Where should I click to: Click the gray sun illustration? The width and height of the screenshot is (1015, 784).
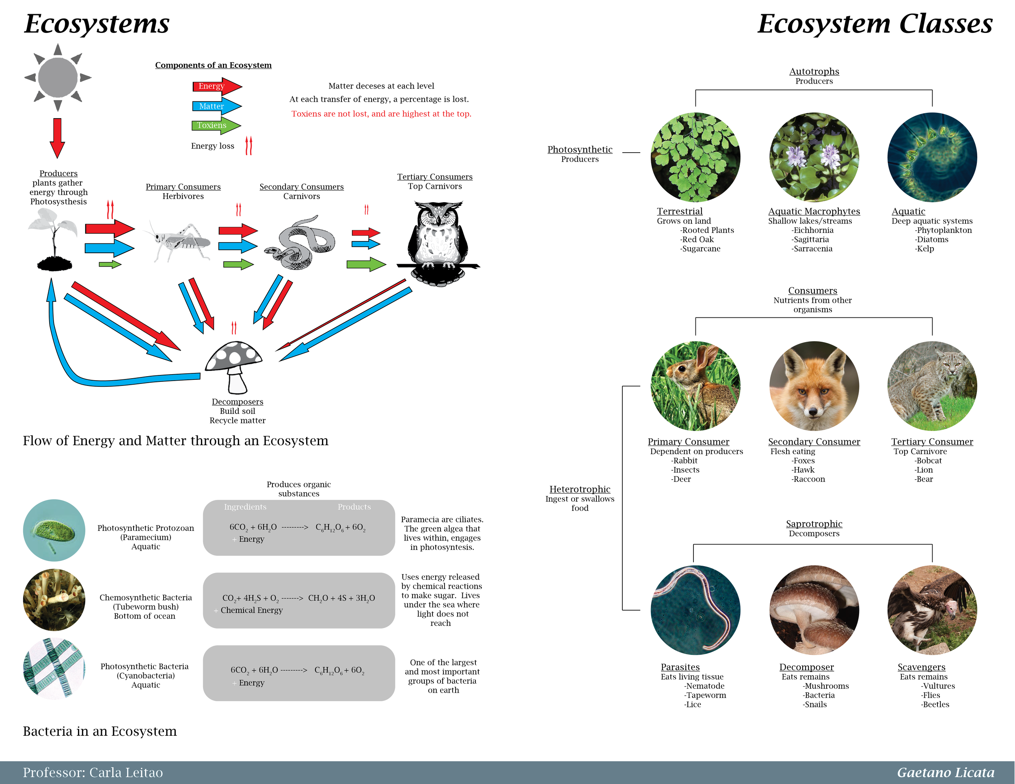58,78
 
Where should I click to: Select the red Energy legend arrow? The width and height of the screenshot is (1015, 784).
216,86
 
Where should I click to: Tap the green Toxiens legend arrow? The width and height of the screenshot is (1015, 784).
216,125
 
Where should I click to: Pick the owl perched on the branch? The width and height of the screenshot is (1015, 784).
437,241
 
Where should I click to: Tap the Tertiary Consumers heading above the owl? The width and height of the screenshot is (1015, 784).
434,177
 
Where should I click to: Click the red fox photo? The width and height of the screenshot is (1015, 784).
814,386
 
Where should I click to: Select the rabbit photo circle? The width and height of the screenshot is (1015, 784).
695,386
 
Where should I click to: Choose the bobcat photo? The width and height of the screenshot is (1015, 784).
932,386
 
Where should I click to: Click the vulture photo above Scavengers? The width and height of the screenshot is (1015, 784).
932,610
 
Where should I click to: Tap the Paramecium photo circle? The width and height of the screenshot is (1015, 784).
54,530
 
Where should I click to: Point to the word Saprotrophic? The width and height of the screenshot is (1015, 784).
814,524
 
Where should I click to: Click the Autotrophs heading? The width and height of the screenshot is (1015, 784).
814,71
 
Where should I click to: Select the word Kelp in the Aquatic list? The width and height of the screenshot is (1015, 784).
925,249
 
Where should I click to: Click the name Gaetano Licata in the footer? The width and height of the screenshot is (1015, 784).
945,772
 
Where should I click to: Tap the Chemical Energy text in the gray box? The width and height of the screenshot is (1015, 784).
251,610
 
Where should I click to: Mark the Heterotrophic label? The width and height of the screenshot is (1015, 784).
579,489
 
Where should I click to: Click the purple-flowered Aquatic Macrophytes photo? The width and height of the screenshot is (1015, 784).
814,157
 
